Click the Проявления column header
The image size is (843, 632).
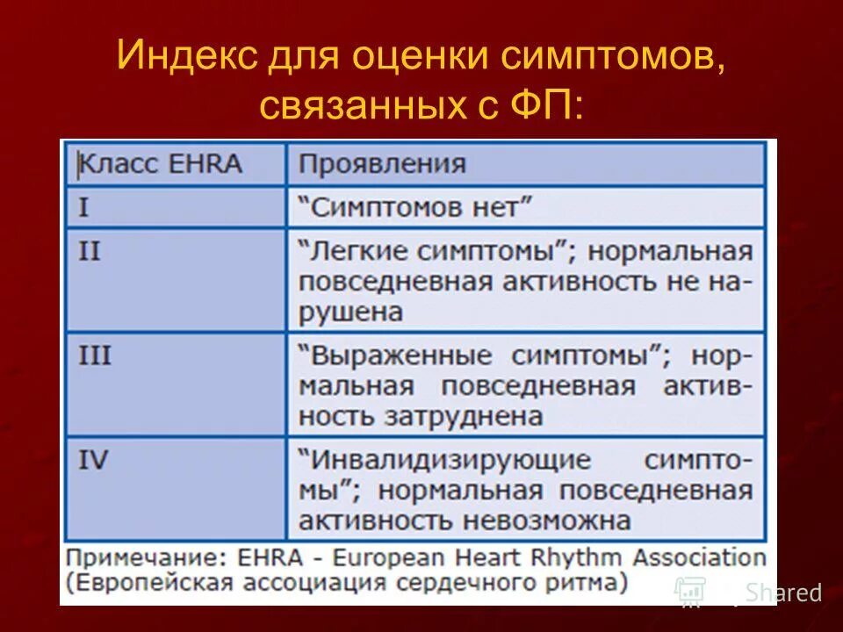[x=381, y=164]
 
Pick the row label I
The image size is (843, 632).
[x=84, y=208]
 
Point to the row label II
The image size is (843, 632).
[x=90, y=252]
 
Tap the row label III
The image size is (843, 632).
[x=95, y=355]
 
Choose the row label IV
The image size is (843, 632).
[x=94, y=460]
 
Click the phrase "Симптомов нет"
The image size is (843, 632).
[x=416, y=208]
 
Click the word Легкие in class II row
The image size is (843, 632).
[x=355, y=252]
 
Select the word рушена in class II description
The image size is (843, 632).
[x=349, y=311]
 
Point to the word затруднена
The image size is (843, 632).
[x=465, y=415]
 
